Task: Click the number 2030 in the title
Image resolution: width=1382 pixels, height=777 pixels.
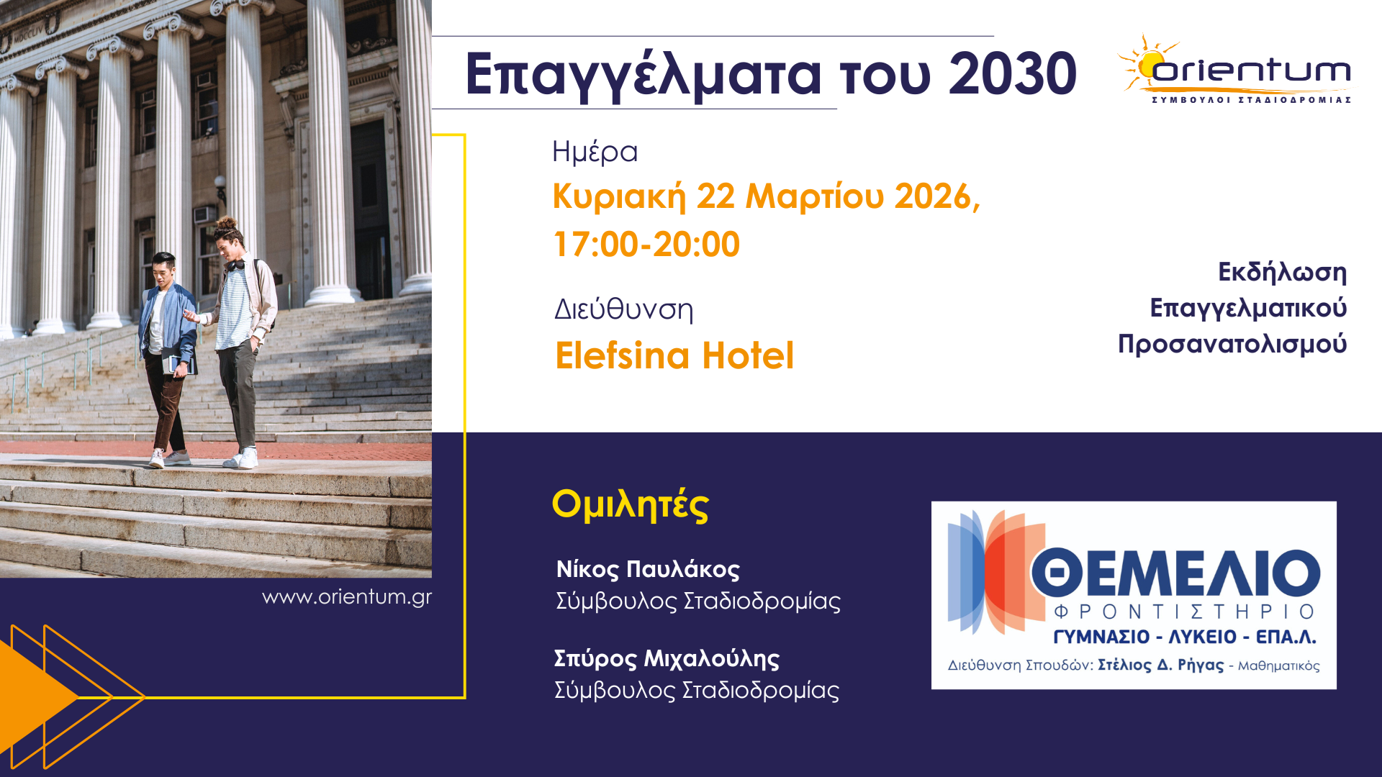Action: (x=1011, y=74)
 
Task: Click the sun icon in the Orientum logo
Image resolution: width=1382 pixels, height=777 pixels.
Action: (x=1150, y=63)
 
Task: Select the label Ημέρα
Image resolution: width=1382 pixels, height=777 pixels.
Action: (x=595, y=152)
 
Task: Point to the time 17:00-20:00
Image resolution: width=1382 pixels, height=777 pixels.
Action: (x=646, y=245)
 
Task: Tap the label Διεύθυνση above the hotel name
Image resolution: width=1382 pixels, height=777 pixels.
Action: (x=623, y=309)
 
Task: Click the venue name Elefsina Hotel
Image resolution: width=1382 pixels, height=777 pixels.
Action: (x=674, y=355)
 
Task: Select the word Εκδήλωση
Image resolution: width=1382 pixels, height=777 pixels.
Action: (x=1282, y=272)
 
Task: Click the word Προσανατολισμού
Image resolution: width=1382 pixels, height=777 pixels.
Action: (x=1232, y=344)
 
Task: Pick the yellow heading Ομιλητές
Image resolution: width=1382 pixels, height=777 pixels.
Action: (x=631, y=504)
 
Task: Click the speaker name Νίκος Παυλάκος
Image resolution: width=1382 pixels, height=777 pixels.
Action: (x=648, y=569)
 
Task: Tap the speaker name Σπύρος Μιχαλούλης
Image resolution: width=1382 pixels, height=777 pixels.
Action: (x=667, y=658)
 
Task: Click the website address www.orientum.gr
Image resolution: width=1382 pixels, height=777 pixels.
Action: (x=347, y=597)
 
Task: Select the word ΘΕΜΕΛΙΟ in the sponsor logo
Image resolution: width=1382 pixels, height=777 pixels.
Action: (x=1175, y=573)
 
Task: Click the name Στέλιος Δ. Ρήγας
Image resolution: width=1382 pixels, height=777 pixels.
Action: (x=1160, y=665)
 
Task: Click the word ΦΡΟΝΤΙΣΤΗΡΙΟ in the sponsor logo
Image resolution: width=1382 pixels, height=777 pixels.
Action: (x=1184, y=612)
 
